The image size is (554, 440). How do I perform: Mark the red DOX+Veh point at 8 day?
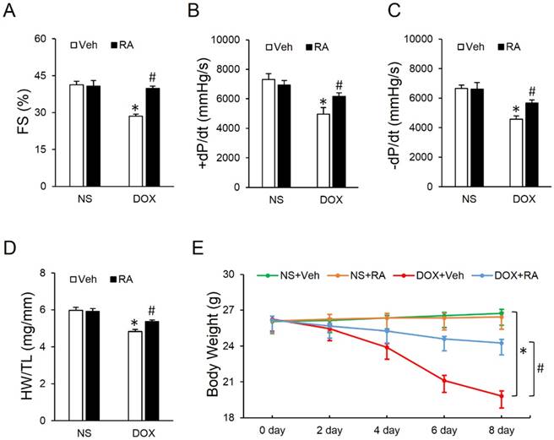pyautogui.click(x=502, y=394)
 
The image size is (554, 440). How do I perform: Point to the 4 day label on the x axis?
pyautogui.click(x=387, y=429)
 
